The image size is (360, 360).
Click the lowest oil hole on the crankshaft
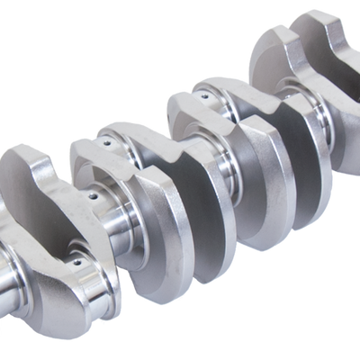(76, 260)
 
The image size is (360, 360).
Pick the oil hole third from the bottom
(106, 141)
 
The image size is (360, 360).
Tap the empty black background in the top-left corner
(36, 36)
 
